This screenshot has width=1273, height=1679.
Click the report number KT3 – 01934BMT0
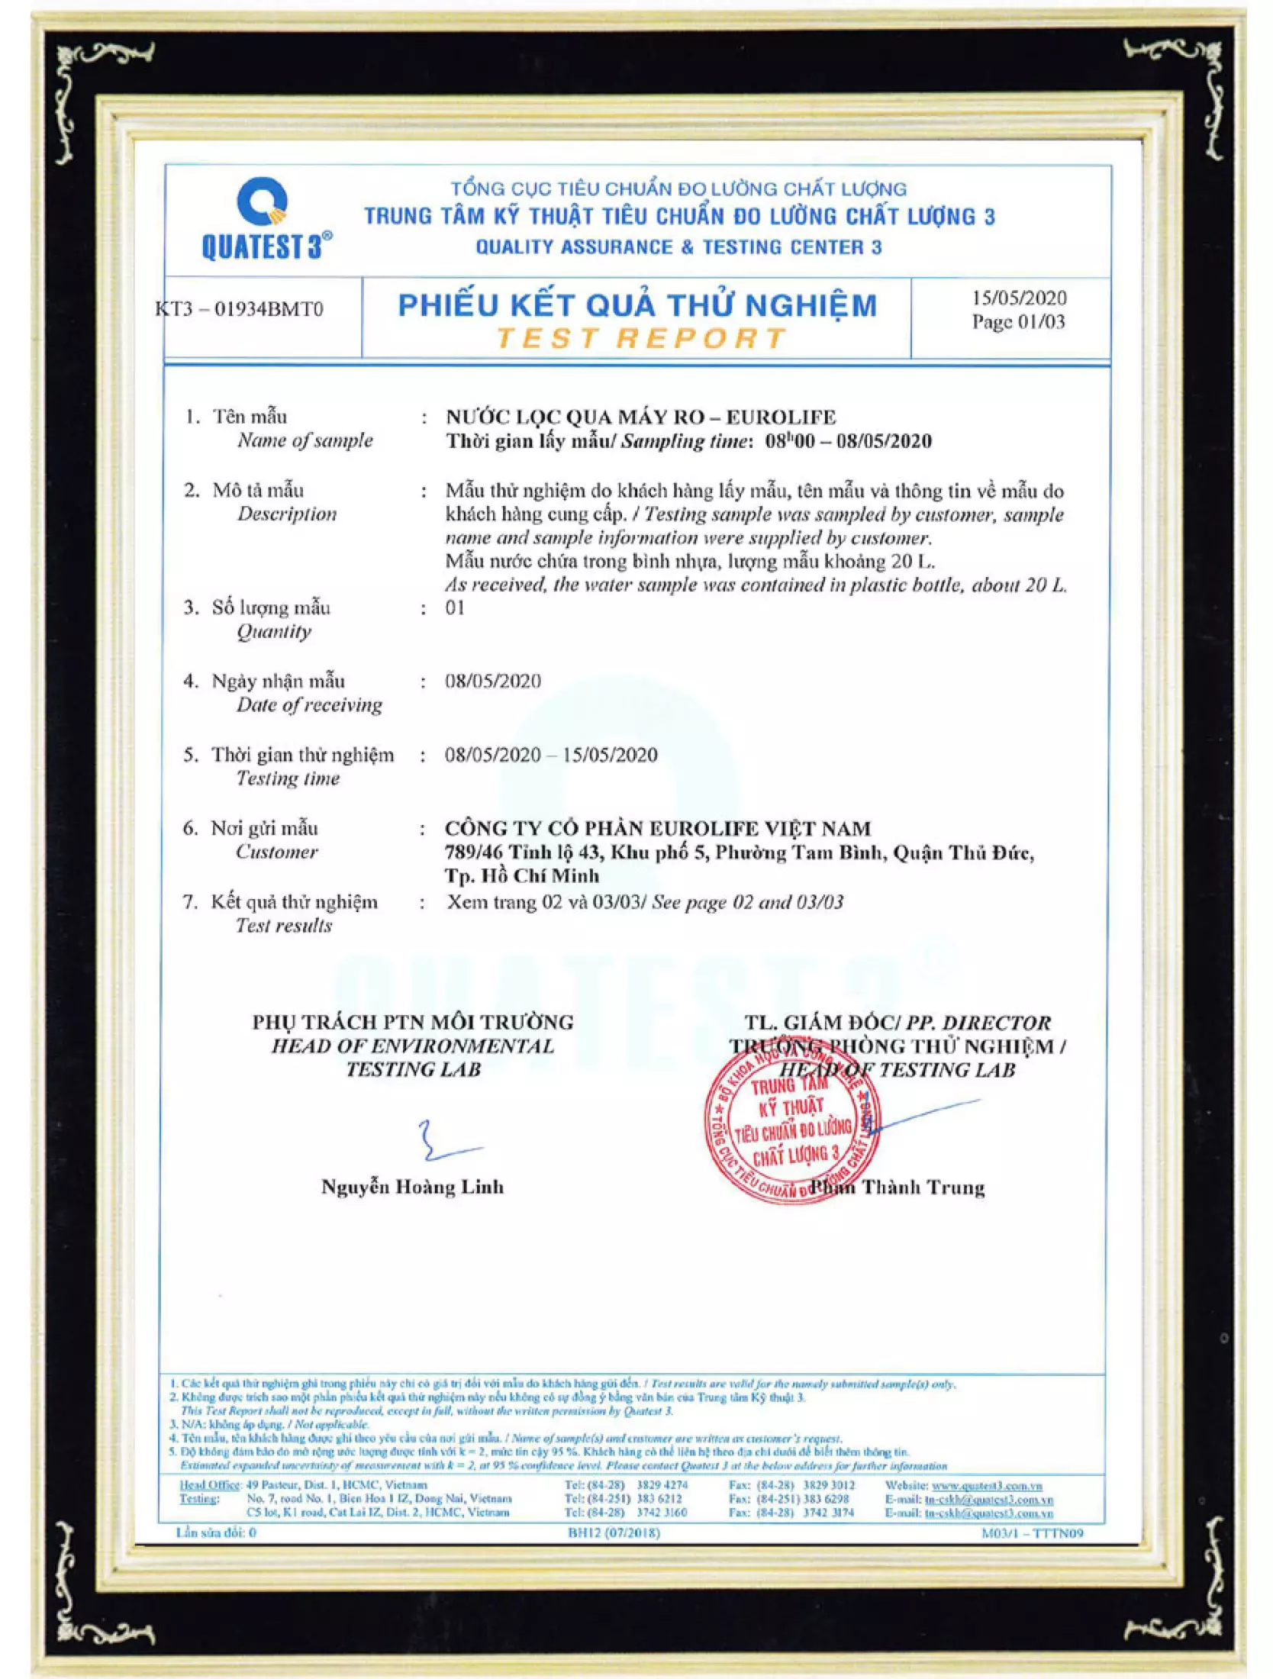coord(240,309)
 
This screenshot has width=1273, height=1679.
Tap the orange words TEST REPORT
coord(640,338)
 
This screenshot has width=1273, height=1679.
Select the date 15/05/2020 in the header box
coord(1019,298)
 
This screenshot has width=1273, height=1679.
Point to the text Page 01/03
coord(1017,321)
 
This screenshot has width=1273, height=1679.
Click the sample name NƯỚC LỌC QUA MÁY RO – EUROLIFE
coord(640,417)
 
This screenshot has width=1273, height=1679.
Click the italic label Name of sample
coord(305,440)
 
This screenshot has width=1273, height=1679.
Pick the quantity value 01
coord(454,607)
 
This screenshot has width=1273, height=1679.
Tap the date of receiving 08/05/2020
coord(492,681)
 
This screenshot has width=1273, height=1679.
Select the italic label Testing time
coord(287,778)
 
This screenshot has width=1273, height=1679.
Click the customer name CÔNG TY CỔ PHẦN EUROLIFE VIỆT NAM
coord(657,828)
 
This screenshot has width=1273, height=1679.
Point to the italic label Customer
coord(276,852)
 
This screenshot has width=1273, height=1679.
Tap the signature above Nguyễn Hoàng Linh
coord(446,1142)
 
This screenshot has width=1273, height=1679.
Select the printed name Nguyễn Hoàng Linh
coord(412,1187)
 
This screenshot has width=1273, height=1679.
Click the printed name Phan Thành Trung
coord(898,1188)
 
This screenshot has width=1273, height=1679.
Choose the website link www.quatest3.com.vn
coord(986,1486)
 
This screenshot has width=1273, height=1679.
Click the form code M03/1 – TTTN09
coord(1032,1533)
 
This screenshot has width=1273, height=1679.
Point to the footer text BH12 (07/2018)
coord(614,1532)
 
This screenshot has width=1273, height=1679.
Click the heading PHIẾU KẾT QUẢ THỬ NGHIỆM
coord(637,305)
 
